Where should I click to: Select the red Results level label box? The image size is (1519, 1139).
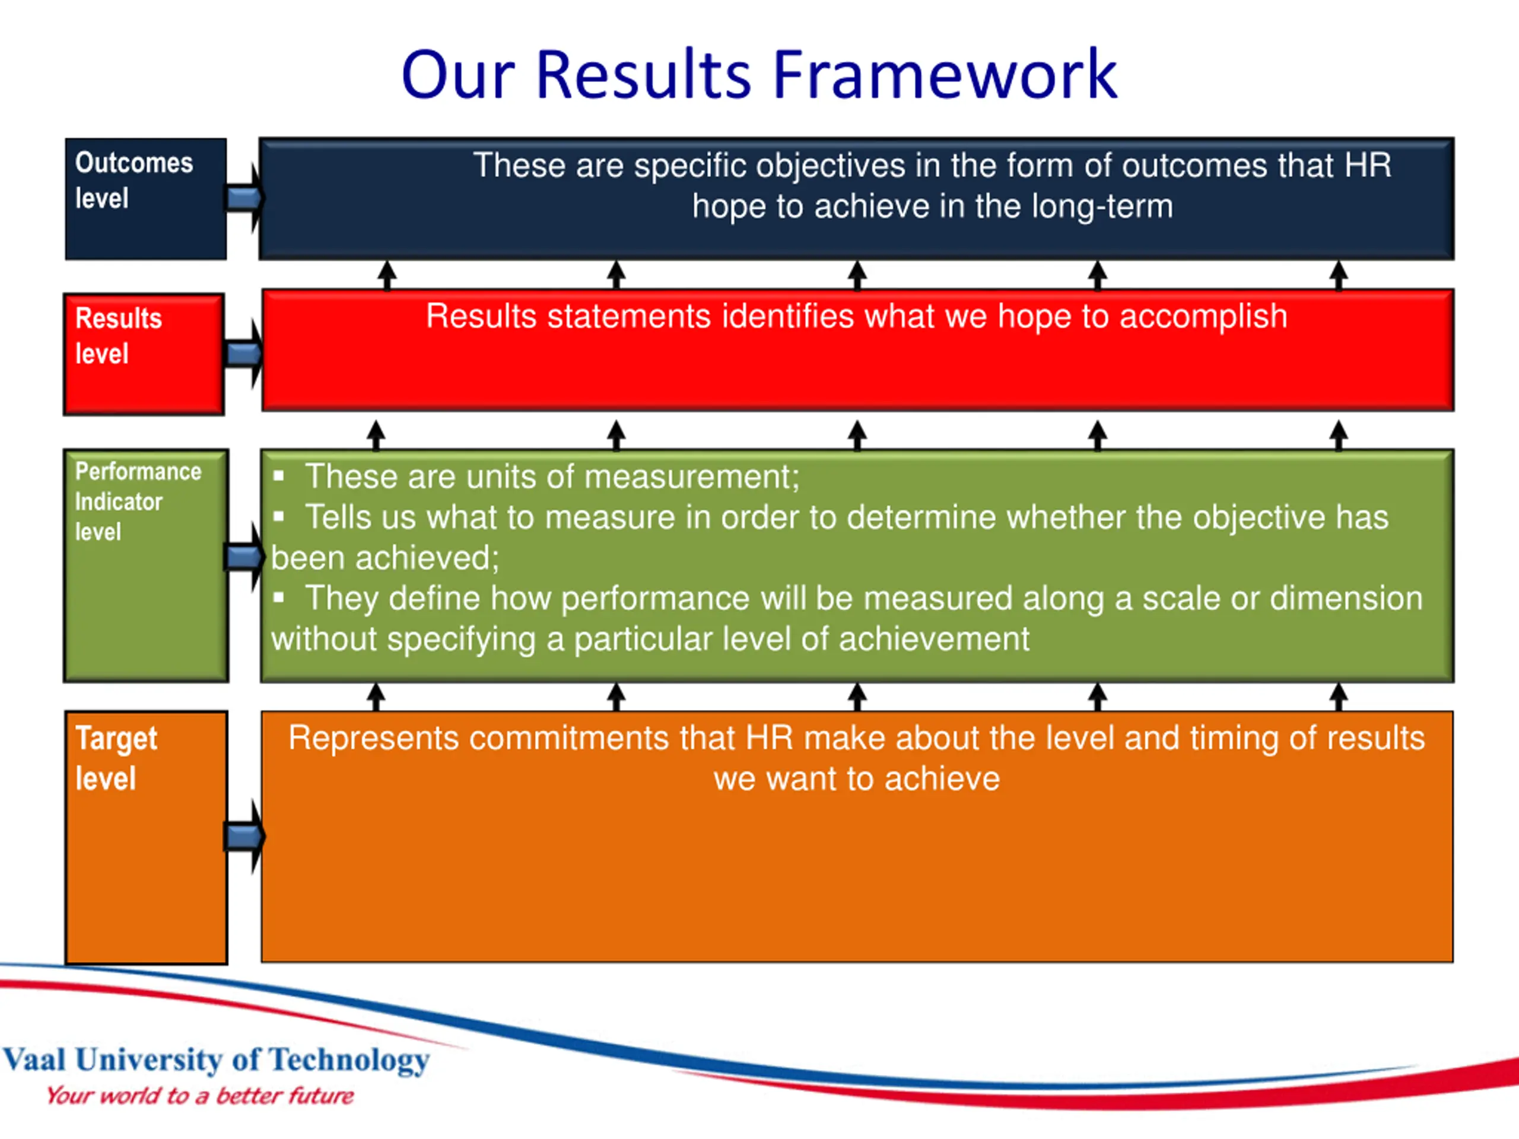pos(144,354)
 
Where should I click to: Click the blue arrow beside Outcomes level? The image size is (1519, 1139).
pos(244,198)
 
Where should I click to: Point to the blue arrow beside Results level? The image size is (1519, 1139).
pos(244,354)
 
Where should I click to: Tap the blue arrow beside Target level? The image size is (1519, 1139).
pos(244,836)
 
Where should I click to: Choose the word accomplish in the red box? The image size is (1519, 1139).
pos(1203,317)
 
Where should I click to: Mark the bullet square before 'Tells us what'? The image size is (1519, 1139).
pos(278,517)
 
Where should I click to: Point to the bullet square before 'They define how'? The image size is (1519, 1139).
pos(278,598)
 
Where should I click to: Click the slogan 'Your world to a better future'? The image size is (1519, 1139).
pos(200,1096)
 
